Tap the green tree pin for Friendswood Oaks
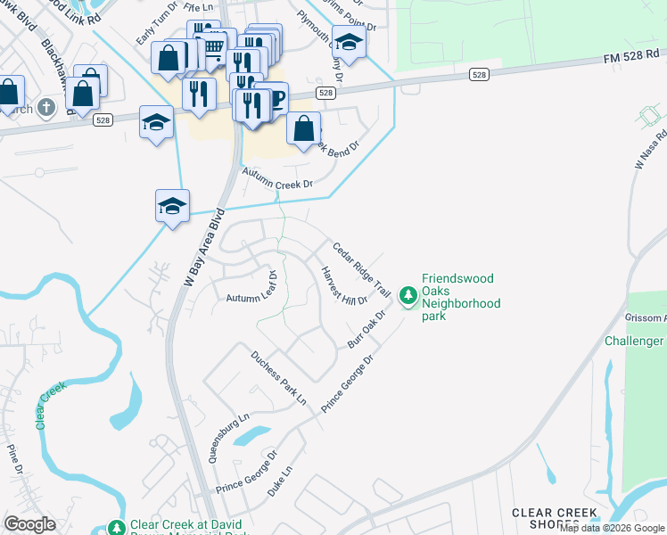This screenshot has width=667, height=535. pos(408,294)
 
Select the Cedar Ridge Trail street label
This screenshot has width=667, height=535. pos(362,269)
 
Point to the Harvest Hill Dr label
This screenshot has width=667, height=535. pos(344,286)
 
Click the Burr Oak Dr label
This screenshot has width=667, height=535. pos(366,330)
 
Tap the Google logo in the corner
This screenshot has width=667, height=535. pos(29,524)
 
